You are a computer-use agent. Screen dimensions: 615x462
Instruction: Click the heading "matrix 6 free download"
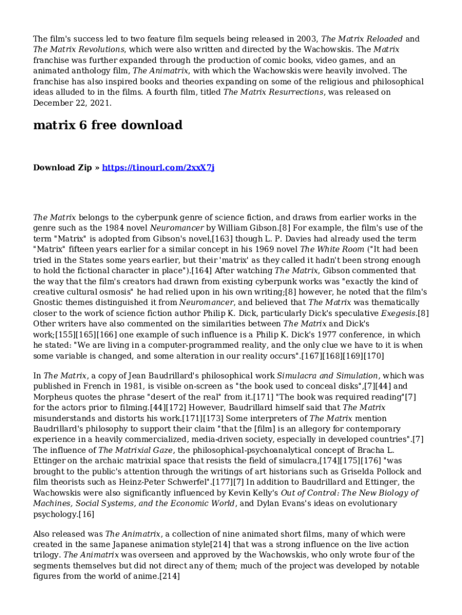pos(107,126)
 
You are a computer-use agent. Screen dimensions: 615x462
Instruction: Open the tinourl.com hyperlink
pos(158,168)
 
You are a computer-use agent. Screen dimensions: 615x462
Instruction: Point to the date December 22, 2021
pos(71,103)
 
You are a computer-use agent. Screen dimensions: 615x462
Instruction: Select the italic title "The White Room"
pos(332,249)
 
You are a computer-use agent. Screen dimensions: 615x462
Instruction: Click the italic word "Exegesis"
pos(399,313)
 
